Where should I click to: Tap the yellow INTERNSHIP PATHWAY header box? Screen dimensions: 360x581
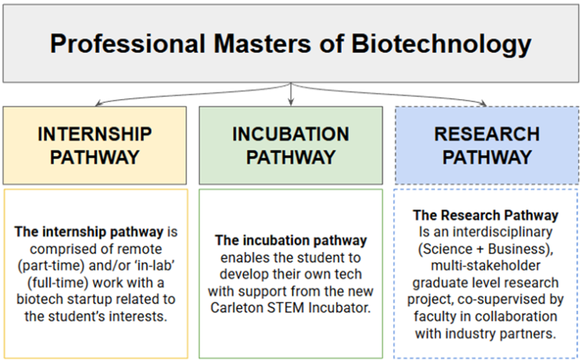click(x=95, y=145)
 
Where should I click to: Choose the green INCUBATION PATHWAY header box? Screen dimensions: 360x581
click(x=290, y=145)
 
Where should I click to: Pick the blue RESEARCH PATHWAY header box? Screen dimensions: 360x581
click(x=486, y=145)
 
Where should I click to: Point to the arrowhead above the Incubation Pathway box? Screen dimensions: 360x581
click(x=290, y=102)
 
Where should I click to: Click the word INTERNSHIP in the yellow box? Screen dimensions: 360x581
click(x=95, y=134)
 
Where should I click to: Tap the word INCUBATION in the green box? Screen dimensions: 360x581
click(x=290, y=134)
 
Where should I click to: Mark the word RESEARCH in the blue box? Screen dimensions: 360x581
click(x=486, y=134)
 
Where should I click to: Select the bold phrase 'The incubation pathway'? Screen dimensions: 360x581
click(x=290, y=240)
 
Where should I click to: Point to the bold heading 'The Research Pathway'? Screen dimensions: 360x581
click(x=486, y=216)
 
